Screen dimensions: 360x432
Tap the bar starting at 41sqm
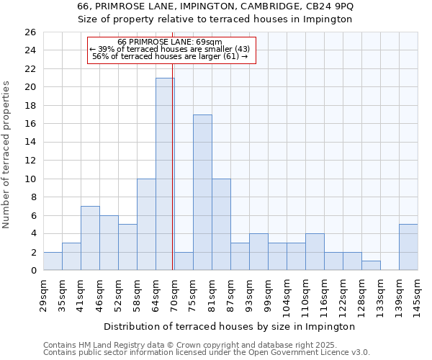click(90, 238)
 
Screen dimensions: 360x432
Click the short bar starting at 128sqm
click(371, 266)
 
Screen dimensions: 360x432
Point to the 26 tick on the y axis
click(30, 32)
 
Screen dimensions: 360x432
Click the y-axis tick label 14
click(30, 143)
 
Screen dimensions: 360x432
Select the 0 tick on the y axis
click(32, 271)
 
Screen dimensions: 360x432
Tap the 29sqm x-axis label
click(43, 295)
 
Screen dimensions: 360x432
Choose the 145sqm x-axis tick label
click(418, 297)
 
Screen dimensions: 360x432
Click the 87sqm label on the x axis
click(230, 295)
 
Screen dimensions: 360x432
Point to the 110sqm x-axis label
click(305, 297)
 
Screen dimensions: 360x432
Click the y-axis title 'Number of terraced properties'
click(7, 155)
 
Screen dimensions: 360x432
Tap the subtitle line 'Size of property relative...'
click(215, 19)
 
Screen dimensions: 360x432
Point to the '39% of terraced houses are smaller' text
click(170, 49)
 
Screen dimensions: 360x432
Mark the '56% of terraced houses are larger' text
click(170, 56)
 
